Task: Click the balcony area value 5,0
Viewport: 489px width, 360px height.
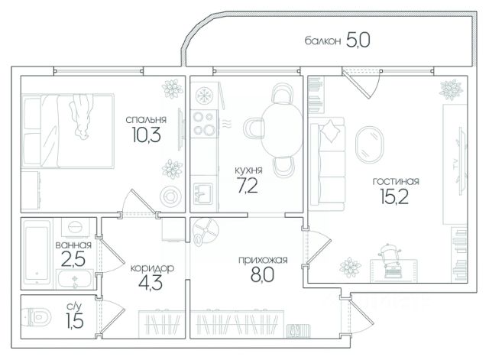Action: (358, 41)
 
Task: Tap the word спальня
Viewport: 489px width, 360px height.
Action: (146, 120)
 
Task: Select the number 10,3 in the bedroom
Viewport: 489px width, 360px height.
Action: (146, 135)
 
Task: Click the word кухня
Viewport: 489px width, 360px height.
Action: (248, 170)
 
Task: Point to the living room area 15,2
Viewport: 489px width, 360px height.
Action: (394, 196)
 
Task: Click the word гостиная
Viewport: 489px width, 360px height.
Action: (396, 181)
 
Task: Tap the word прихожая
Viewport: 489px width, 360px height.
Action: (263, 260)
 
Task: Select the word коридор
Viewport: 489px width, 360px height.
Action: (152, 268)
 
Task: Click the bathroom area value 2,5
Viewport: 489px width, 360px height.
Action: (73, 259)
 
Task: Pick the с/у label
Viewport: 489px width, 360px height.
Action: (74, 306)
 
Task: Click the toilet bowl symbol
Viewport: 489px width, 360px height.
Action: (37, 317)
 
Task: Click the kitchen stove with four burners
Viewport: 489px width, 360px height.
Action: (204, 123)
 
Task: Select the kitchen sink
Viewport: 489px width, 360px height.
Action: (202, 193)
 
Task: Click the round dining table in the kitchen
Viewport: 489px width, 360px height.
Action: (282, 129)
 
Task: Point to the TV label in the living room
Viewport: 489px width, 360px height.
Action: (455, 164)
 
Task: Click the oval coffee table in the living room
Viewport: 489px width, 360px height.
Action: (370, 144)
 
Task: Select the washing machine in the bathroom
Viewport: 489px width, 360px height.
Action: (76, 227)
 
